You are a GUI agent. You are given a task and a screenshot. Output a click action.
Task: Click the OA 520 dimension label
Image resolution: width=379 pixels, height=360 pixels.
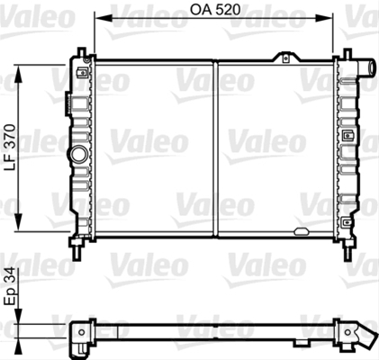coord(215,10)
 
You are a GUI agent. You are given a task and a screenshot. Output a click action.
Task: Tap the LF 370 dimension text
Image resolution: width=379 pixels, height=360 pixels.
coord(10,148)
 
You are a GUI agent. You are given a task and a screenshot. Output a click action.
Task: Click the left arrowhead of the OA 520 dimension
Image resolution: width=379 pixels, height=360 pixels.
coord(103,19)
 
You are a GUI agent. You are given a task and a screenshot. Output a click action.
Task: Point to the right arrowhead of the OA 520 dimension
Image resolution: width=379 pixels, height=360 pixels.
coord(324,19)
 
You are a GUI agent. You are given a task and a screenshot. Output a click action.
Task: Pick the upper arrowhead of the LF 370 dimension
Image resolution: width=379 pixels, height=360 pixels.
coord(19,74)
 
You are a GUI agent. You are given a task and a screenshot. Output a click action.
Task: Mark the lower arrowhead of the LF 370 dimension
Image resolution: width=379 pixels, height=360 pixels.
coord(19,222)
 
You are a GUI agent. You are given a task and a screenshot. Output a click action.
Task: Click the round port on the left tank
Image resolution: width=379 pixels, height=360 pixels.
coord(78,154)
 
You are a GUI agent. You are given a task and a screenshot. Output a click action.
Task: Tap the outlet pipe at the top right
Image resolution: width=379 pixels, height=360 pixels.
coord(366,67)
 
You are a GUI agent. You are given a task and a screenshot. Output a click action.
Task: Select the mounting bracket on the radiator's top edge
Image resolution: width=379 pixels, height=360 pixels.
coord(285,58)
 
